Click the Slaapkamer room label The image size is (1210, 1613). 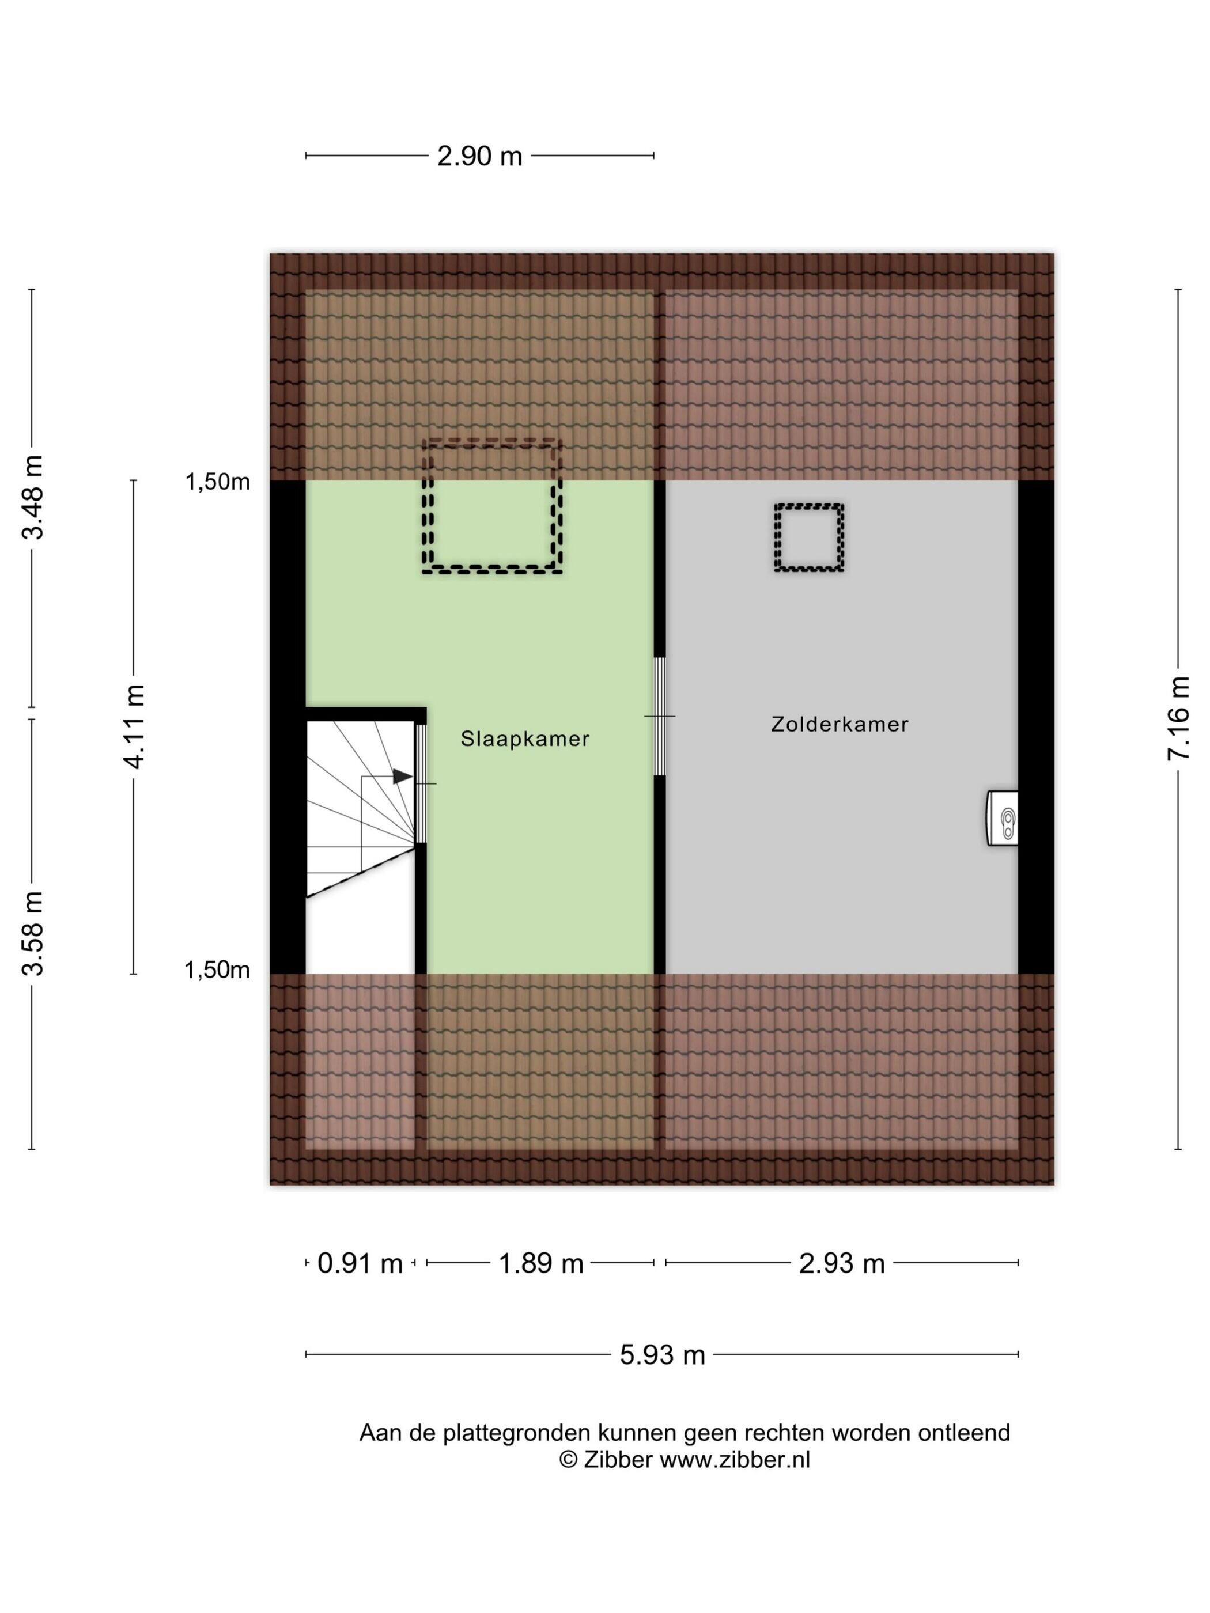[x=524, y=739]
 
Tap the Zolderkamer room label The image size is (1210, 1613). [x=840, y=724]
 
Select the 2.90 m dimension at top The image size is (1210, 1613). [x=479, y=156]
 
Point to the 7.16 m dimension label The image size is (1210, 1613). [x=1177, y=719]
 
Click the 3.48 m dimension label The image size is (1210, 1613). [x=33, y=497]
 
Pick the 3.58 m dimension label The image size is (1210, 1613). [x=33, y=933]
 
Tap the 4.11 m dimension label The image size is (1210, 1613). [x=134, y=727]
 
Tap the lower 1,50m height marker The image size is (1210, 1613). [x=217, y=970]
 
